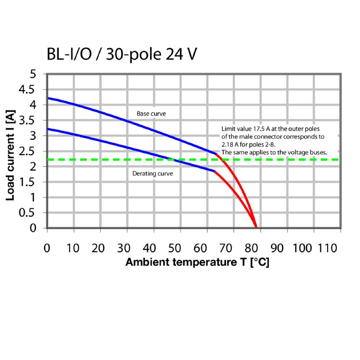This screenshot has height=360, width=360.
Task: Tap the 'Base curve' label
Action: (x=151, y=114)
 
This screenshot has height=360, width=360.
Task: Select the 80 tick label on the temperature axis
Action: (x=253, y=247)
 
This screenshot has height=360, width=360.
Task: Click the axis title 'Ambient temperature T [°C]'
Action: (x=197, y=262)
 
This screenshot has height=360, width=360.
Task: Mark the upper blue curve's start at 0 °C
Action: (x=48, y=98)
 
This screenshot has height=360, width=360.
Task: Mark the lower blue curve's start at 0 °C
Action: (x=48, y=129)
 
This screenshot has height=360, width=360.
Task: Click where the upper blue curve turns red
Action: (x=216, y=154)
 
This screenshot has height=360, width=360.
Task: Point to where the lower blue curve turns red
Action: (x=214, y=171)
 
